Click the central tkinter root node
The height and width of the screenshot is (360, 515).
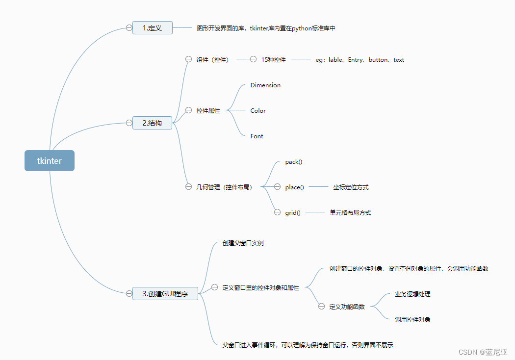[x=50, y=160]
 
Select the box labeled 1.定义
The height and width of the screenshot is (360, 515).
[x=152, y=28]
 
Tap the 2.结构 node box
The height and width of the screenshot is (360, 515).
[x=152, y=123]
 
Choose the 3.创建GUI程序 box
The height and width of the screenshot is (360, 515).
[x=165, y=293]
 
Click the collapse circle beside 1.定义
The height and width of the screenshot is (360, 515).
[x=129, y=28]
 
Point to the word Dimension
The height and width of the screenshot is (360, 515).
[x=265, y=85]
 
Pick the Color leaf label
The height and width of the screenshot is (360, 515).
[x=258, y=111]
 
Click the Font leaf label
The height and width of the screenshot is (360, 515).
[x=257, y=136]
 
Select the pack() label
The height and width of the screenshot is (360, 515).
[x=294, y=162]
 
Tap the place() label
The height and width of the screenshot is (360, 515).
[x=295, y=187]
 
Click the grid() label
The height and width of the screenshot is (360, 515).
[x=293, y=213]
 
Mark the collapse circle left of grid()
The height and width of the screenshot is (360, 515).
[x=277, y=212]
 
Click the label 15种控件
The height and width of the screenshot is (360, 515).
[x=273, y=60]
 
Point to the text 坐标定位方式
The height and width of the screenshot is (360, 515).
[x=351, y=187]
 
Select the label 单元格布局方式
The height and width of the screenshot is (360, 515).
[x=350, y=213]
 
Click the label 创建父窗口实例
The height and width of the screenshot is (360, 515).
[x=243, y=243]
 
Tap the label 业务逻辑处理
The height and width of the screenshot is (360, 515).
[x=412, y=294]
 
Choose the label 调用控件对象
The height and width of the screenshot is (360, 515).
[x=412, y=320]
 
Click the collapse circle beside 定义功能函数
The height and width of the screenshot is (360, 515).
[x=321, y=307]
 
